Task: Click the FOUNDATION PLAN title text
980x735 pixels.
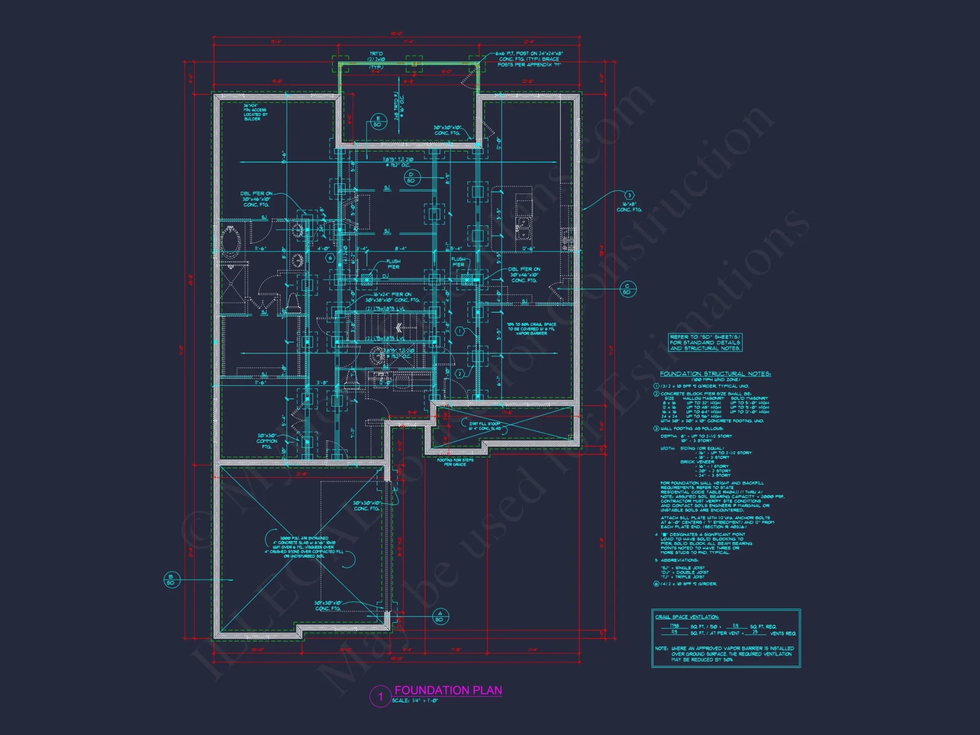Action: pos(448,690)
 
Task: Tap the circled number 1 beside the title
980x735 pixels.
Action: pos(380,697)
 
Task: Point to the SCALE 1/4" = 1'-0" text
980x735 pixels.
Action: pos(415,701)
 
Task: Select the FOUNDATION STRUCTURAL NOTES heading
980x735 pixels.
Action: pos(715,374)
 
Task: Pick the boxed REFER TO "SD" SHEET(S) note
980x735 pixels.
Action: pos(705,343)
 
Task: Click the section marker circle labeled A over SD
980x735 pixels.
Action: pos(440,616)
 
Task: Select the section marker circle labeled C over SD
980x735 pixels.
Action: pos(627,289)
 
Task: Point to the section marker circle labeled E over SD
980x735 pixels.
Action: pos(378,122)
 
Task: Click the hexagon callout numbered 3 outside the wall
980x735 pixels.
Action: pos(630,195)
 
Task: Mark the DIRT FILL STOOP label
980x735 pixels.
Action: pos(485,426)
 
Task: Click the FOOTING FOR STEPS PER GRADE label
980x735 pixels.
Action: pos(455,462)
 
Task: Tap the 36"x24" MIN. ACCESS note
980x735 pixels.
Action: pos(255,112)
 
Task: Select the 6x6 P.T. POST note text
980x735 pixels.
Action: pos(529,59)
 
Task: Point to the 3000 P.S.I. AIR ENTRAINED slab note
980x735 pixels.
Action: pos(304,547)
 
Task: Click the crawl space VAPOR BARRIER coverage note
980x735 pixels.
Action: pos(532,329)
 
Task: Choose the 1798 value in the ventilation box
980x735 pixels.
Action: pos(675,626)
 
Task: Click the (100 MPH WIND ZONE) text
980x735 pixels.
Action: pos(715,380)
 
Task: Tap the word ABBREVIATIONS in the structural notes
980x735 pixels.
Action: pos(679,560)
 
